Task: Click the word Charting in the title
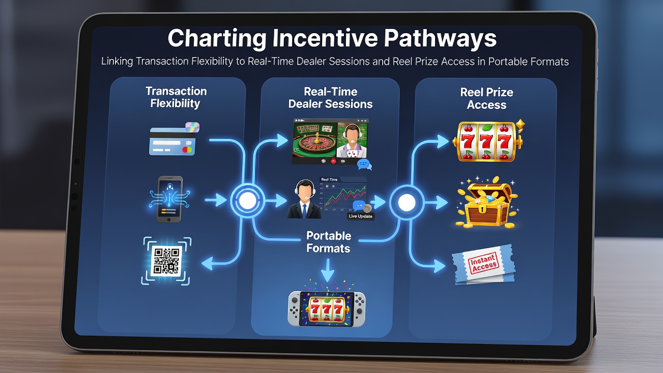pos(217,39)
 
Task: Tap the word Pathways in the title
pos(440,39)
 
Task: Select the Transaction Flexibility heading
pos(176,97)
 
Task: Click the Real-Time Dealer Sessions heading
pos(330,98)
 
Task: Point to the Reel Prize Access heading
pos(486,98)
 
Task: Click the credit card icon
pos(175,139)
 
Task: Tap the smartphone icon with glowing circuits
pos(169,199)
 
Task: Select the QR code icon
pos(166,261)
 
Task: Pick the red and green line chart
pos(345,196)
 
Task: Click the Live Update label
pos(361,217)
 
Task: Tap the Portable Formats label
pos(328,242)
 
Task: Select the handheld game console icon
pos(326,309)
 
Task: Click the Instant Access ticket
pos(484,264)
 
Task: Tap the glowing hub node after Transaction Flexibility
pos(248,200)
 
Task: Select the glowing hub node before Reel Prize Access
pos(407,202)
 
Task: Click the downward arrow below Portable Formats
pos(328,270)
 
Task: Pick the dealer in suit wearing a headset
pos(304,199)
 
